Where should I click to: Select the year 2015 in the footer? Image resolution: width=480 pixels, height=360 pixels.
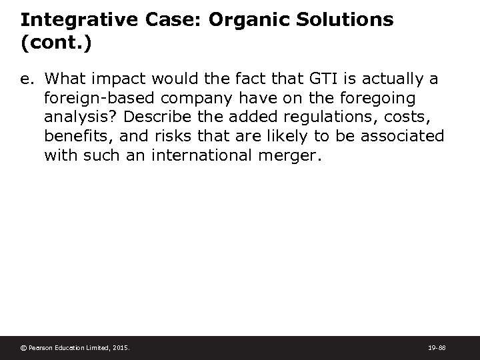(x=120, y=348)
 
